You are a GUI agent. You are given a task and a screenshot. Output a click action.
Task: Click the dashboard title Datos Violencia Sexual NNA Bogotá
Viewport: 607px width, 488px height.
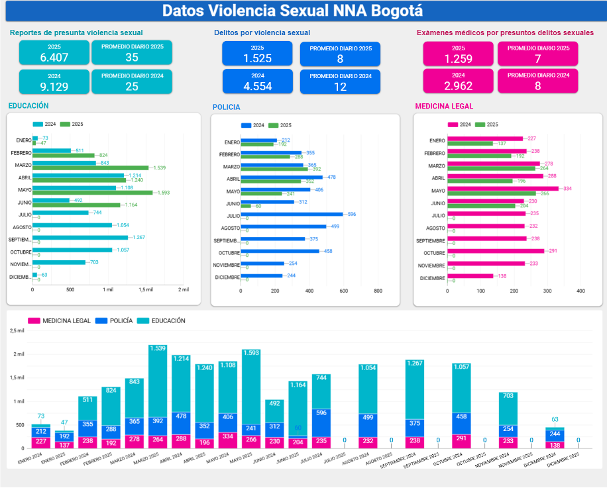(x=292, y=11)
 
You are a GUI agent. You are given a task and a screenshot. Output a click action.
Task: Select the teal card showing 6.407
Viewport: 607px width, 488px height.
(x=54, y=53)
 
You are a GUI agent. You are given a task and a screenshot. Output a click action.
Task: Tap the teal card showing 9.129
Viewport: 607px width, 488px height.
(x=54, y=81)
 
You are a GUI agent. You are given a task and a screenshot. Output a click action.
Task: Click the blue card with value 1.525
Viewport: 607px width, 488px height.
(x=257, y=54)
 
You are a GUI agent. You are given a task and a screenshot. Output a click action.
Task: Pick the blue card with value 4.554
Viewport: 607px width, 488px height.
(x=257, y=81)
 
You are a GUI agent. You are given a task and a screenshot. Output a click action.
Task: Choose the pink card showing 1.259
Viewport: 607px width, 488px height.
(x=458, y=54)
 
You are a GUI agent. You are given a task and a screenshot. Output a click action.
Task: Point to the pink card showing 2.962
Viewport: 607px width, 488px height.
(x=458, y=81)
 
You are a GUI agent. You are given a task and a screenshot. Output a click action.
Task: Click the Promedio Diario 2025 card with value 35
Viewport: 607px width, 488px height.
(x=132, y=53)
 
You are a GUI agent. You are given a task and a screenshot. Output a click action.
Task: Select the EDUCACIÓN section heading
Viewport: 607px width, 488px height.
(x=28, y=106)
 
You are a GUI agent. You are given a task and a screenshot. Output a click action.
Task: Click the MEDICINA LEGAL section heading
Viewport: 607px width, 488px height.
(x=444, y=106)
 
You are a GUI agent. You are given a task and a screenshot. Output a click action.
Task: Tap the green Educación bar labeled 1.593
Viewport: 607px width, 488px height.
(x=92, y=193)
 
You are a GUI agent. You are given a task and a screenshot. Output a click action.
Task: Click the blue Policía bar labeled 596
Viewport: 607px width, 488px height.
(x=292, y=214)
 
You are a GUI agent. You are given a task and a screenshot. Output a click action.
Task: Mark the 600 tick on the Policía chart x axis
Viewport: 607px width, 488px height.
(x=343, y=291)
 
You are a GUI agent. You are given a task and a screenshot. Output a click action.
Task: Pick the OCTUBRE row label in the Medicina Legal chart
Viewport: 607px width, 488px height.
(x=434, y=253)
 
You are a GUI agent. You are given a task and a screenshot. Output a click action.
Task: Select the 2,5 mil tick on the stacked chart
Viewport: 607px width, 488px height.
(x=17, y=330)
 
